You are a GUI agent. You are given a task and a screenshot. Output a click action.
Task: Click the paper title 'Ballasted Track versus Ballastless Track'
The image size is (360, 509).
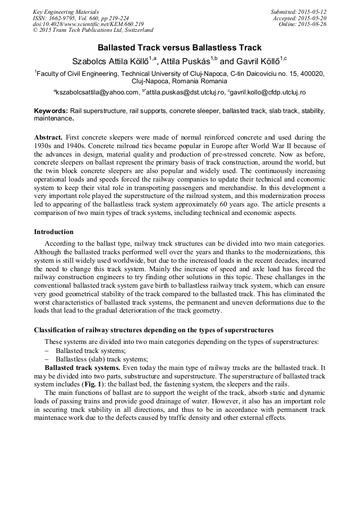tap(179, 48)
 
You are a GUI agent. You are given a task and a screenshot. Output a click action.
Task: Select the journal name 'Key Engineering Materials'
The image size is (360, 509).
tap(66, 12)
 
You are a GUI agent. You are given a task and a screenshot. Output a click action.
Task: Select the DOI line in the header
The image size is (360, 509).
tap(88, 24)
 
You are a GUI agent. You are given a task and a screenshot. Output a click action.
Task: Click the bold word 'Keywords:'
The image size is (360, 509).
tap(50, 111)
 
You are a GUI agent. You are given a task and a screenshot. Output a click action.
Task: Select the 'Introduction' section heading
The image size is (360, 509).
tap(54, 232)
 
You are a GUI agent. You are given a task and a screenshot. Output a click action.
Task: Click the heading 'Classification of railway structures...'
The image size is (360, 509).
tap(153, 330)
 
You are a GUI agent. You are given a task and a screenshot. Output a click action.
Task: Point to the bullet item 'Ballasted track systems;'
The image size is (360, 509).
tap(90, 351)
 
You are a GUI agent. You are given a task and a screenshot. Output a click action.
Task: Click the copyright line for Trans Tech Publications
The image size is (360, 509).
tap(93, 30)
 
